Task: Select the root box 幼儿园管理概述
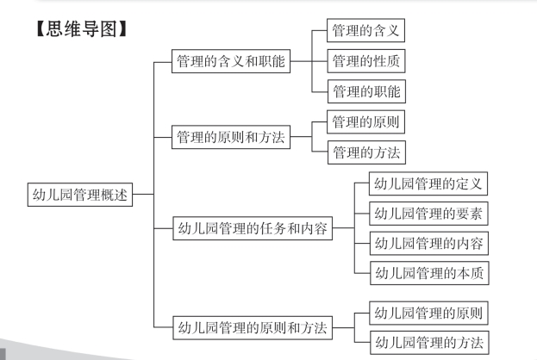78,195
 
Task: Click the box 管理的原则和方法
231,137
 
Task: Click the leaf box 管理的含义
366,33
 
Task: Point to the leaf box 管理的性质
366,62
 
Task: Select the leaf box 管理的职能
366,90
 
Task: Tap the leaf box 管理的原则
366,122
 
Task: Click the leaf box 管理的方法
366,152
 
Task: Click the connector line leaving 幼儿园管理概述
143,195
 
